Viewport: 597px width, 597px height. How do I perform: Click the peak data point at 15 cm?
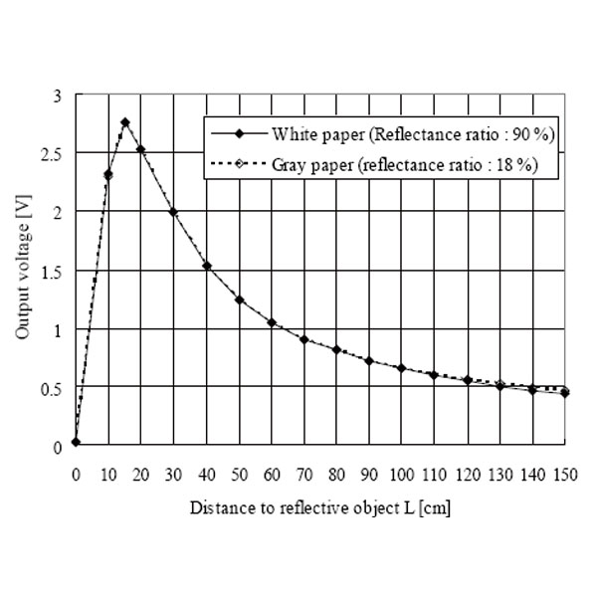(125, 122)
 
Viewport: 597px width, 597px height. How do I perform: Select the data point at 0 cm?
(76, 442)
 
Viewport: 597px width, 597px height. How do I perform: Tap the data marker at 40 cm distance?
(207, 266)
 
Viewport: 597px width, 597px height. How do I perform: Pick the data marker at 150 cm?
(565, 393)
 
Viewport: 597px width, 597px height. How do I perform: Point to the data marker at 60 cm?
(272, 322)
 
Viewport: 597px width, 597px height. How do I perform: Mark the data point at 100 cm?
(402, 368)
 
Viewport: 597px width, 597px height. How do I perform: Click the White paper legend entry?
(372, 132)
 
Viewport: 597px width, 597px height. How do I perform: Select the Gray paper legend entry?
(372, 165)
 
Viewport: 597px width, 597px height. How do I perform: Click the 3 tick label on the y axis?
(58, 96)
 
